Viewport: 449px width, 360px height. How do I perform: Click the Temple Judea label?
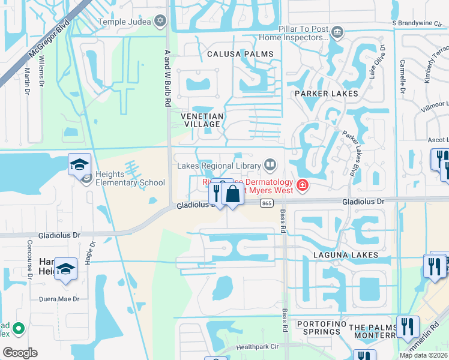tap(124, 22)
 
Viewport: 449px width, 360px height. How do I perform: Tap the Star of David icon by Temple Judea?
tap(160, 22)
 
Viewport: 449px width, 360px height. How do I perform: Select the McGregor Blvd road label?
tap(37, 48)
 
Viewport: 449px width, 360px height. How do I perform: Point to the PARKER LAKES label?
tap(326, 94)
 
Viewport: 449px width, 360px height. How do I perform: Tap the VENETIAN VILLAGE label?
tap(203, 120)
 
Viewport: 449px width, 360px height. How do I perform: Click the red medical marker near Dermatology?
tap(302, 184)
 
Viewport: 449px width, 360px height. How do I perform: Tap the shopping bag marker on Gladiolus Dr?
tap(232, 194)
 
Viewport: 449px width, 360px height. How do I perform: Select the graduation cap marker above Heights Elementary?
tap(80, 164)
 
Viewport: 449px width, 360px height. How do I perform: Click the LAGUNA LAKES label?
tap(345, 255)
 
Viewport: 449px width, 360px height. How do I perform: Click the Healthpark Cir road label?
tap(259, 347)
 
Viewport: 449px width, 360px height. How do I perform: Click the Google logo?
tap(20, 353)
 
